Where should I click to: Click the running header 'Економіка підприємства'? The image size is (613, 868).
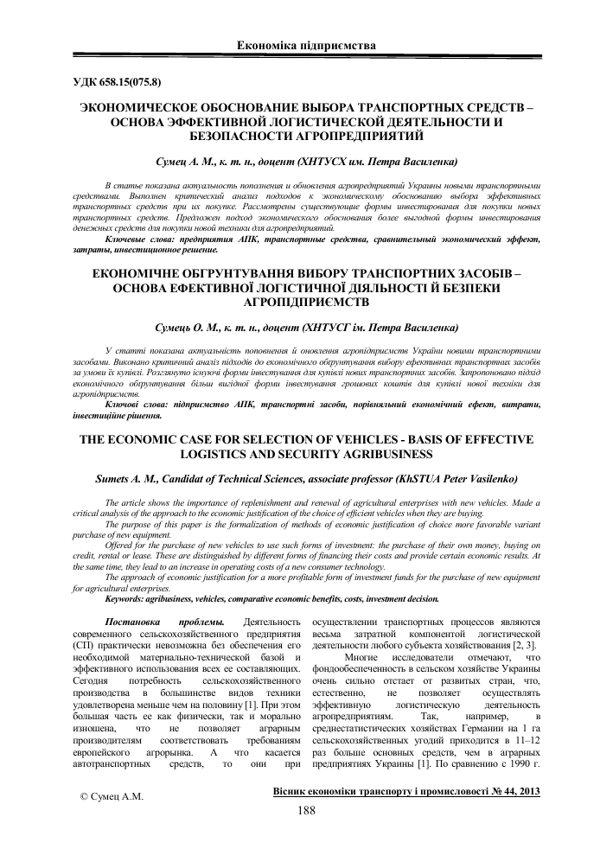[306, 44]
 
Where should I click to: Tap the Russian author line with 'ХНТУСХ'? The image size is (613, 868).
[306, 162]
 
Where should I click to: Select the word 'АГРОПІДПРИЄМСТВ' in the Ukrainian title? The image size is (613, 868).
[306, 303]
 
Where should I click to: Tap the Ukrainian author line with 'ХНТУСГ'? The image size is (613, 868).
[306, 329]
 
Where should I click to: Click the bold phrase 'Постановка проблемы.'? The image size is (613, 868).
[160, 622]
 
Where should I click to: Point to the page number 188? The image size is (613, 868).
[306, 811]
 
